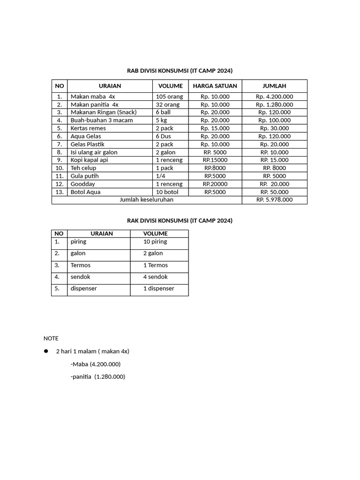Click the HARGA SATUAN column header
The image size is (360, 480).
[x=215, y=86]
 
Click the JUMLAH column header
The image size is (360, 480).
[x=274, y=86]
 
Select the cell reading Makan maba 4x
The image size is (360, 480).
[x=93, y=97]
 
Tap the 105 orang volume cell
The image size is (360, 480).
[x=169, y=97]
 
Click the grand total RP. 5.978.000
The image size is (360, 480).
[x=274, y=200]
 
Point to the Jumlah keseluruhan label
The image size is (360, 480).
[x=146, y=200]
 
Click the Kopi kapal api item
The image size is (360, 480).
[x=89, y=160]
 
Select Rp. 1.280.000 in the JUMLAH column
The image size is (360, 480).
[x=274, y=105]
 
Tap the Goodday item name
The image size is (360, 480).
[x=82, y=184]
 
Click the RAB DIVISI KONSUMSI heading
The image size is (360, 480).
[x=180, y=71]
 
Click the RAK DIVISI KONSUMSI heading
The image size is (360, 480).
[x=180, y=220]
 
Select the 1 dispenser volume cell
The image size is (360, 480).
[x=158, y=289]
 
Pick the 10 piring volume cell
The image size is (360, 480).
[x=155, y=242]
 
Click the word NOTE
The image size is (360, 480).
[x=51, y=338]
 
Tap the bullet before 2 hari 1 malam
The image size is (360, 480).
[x=46, y=351]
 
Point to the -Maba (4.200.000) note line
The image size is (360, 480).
[x=95, y=364]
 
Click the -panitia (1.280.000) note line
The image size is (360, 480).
[x=97, y=377]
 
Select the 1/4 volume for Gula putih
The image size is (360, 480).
[x=161, y=176]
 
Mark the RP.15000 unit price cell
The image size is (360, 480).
[x=215, y=160]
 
